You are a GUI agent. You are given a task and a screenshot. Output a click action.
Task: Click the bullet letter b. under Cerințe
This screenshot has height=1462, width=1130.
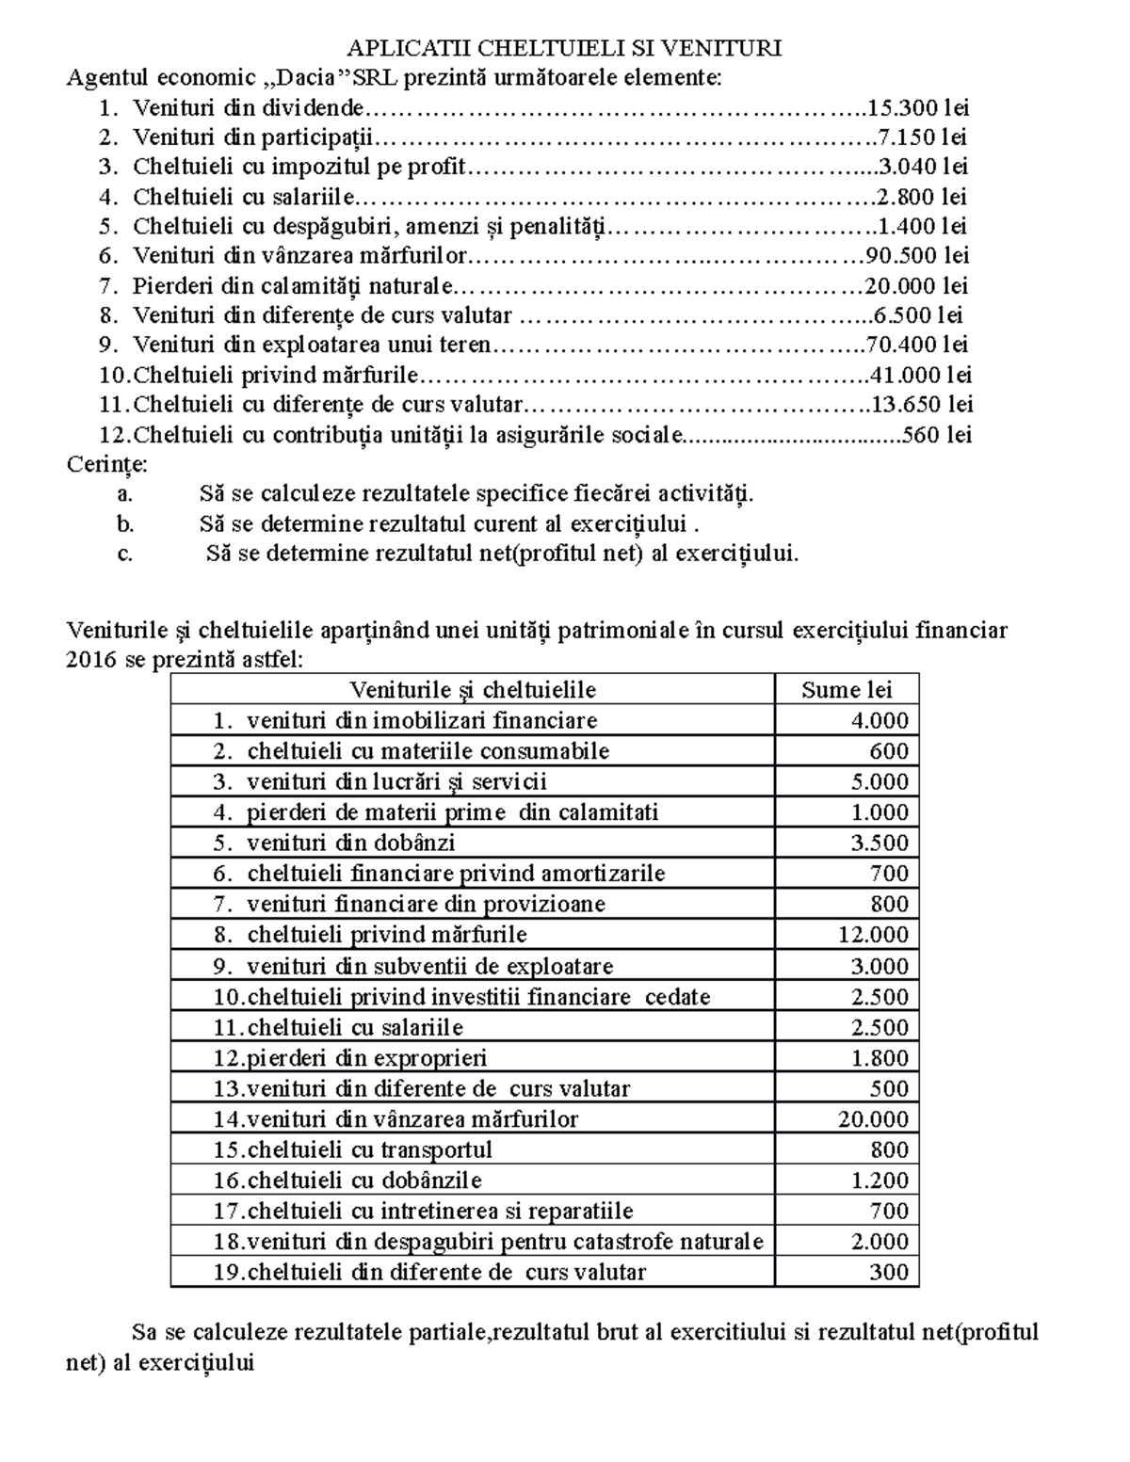tap(126, 523)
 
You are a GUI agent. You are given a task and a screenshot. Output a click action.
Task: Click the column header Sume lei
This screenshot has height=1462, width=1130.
tap(846, 690)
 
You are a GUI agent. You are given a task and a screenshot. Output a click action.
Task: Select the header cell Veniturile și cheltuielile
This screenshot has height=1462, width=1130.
tap(472, 690)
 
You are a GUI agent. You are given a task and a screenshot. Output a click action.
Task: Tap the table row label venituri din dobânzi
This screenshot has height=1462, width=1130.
tap(350, 843)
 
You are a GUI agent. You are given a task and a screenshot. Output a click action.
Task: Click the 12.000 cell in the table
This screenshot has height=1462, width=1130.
tap(873, 935)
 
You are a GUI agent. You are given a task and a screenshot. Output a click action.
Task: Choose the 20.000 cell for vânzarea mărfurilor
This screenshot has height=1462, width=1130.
tap(873, 1119)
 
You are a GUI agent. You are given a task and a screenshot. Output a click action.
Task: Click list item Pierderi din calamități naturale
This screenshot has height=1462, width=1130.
tap(292, 285)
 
